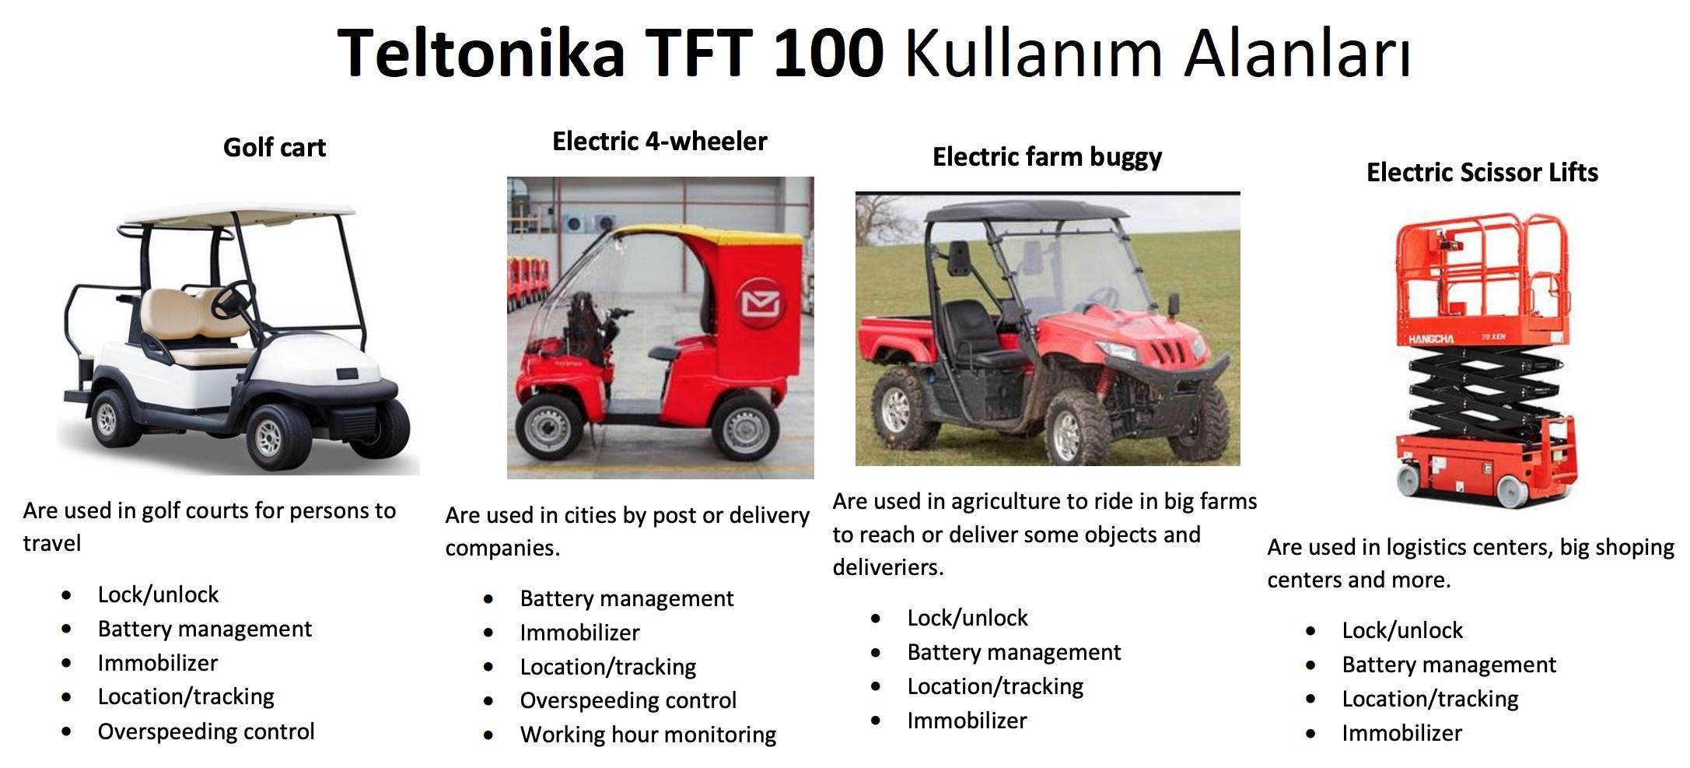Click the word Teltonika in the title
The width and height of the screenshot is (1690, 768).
click(x=481, y=52)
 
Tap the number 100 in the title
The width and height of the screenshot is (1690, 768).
click(x=829, y=52)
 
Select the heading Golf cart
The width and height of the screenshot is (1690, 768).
click(x=274, y=147)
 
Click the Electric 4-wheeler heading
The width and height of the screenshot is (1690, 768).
click(x=660, y=141)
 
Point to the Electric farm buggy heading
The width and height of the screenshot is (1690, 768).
click(x=1047, y=157)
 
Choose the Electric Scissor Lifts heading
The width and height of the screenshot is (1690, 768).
click(x=1482, y=172)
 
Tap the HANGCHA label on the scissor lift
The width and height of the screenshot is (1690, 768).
click(x=1431, y=339)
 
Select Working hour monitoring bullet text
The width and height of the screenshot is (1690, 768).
click(x=648, y=735)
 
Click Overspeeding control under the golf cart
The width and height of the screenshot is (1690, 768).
click(x=206, y=731)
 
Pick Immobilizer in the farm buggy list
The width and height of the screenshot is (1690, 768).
click(x=967, y=721)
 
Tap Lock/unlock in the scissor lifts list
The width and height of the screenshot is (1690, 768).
click(x=1402, y=630)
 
